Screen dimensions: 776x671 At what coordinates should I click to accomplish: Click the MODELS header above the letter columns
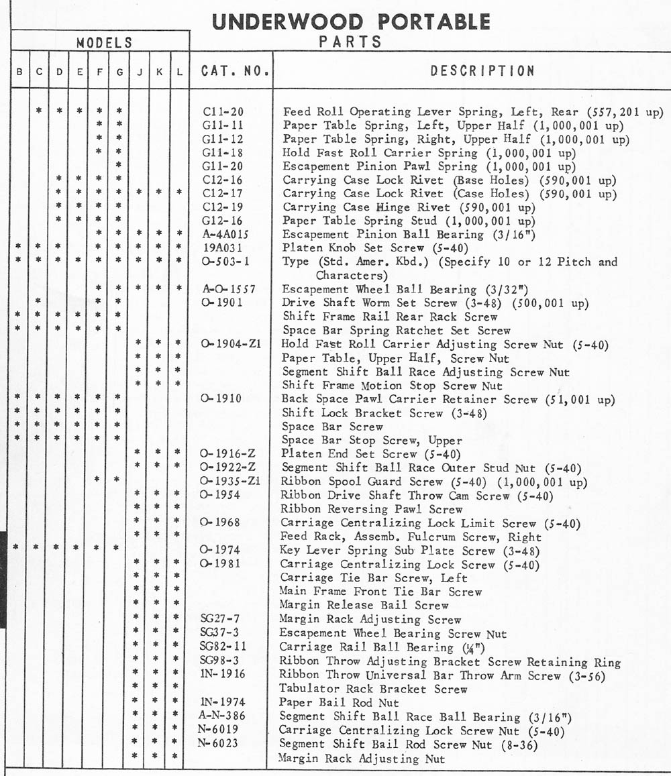(104, 43)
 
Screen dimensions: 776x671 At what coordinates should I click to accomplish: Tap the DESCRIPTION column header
(482, 70)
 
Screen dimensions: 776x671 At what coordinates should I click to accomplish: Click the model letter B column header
(17, 71)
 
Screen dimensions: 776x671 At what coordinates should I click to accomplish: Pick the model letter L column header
(179, 71)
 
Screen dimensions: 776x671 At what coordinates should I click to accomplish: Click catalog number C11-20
(222, 112)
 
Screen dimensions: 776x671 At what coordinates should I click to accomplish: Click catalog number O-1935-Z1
(230, 482)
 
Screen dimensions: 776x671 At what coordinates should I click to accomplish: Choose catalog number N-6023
(219, 743)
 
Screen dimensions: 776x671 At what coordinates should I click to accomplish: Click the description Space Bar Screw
(332, 427)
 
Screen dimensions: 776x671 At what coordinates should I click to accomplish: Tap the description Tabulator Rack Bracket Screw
(373, 689)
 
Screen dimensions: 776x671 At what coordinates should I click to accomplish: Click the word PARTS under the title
(351, 42)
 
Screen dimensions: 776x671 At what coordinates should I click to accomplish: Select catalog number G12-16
(222, 221)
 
